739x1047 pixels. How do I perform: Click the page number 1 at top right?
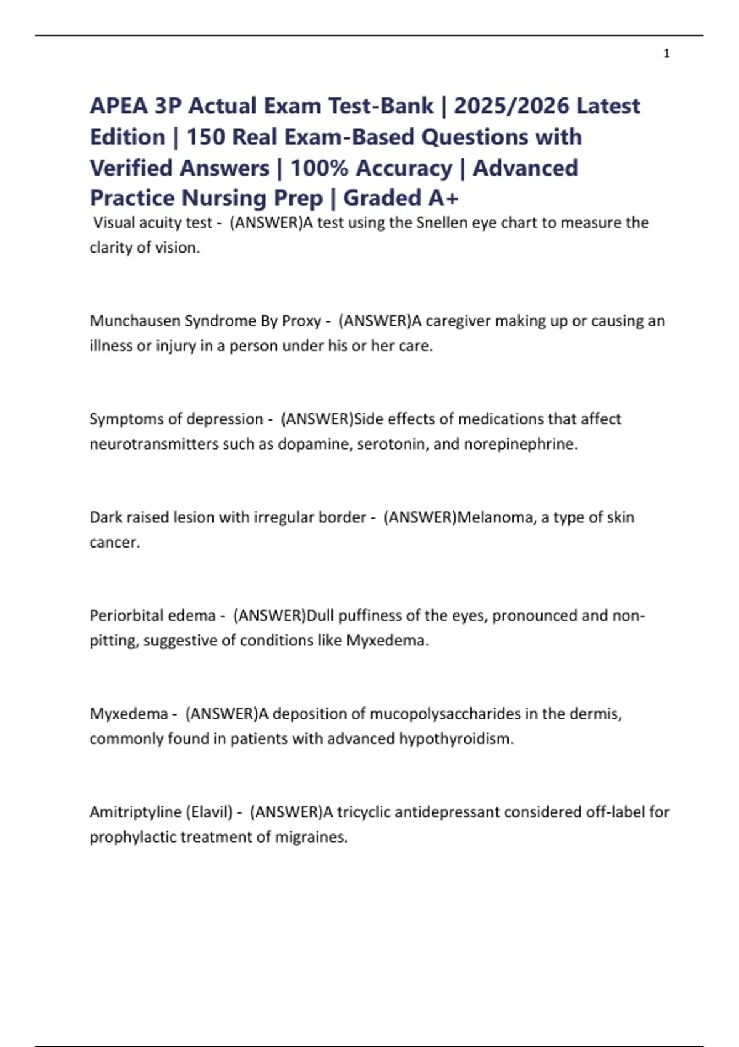point(666,54)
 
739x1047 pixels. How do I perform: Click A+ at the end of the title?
point(443,198)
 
